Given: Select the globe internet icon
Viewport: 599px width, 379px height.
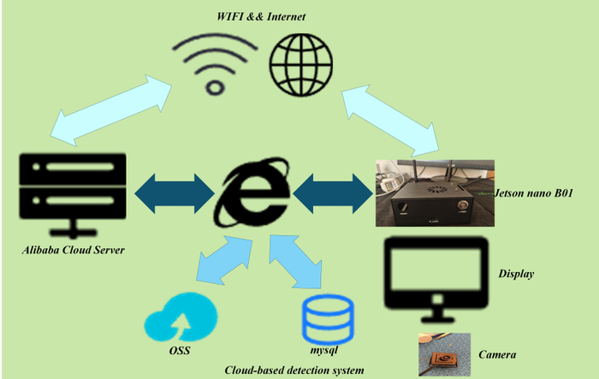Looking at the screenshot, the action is coord(301,64).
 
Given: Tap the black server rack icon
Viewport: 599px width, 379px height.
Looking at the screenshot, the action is coord(73,195).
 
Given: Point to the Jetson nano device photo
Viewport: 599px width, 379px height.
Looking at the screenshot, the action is coord(435,193).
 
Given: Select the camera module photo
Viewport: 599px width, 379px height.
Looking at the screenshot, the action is coord(444,354).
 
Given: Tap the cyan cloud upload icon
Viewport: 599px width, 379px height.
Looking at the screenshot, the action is coord(181,317).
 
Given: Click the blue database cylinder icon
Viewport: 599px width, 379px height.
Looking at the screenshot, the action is coord(328,319).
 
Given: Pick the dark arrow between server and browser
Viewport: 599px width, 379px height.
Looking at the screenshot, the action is coord(175,193).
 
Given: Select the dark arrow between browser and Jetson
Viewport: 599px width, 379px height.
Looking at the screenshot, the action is coord(333,193).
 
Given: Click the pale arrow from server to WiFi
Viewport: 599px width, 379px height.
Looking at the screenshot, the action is coord(111,110).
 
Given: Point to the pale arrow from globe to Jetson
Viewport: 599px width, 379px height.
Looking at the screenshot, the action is coord(390,121).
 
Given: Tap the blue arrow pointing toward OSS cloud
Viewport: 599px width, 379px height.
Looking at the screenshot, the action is coord(224,260).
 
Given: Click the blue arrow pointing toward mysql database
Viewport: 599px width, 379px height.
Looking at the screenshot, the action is coord(295,262).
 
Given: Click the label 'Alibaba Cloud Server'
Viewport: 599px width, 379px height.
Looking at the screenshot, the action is coord(74,250).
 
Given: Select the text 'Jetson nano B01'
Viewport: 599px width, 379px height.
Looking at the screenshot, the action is coord(534,193).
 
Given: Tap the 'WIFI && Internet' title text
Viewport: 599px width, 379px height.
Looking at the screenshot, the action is coord(261,16).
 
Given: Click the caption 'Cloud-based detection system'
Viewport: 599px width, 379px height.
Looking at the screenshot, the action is coord(294,370).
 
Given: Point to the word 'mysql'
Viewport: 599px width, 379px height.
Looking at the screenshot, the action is coord(323,350).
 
